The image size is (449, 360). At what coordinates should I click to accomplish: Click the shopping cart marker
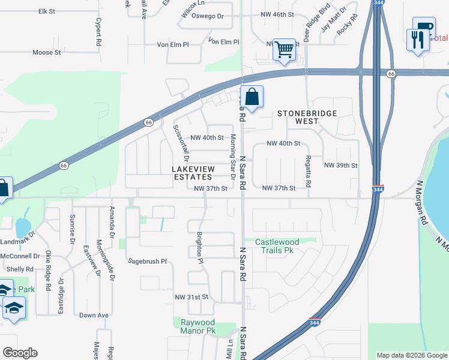pos(284,49)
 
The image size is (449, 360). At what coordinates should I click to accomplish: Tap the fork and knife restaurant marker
pos(418,40)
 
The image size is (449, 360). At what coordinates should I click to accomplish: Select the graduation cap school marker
pos(13,308)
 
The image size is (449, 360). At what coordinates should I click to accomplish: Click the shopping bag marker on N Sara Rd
pos(253,97)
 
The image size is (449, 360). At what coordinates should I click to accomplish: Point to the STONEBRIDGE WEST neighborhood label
pos(306,117)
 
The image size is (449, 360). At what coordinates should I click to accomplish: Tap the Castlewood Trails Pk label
pos(277,246)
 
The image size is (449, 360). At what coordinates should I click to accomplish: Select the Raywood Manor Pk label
pos(198,326)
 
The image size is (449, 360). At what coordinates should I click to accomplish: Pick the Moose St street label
pos(47,52)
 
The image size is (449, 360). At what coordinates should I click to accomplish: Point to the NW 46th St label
pos(277,13)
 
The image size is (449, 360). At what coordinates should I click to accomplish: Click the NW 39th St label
pos(340,165)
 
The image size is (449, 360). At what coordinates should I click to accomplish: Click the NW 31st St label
pos(191,297)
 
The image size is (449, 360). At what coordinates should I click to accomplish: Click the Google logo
pos(20,353)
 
